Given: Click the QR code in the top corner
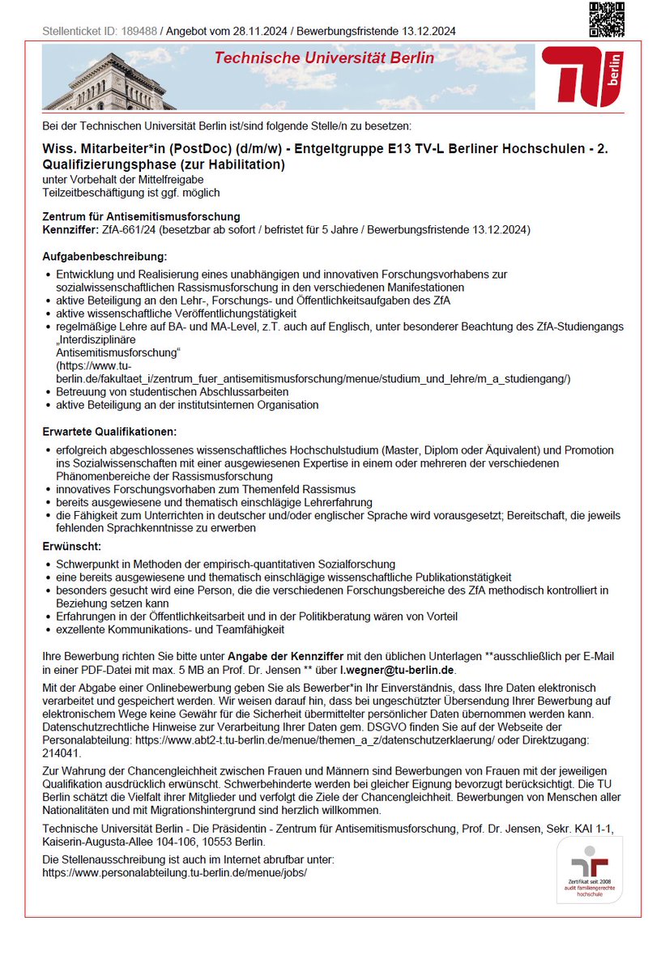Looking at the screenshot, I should click(x=606, y=19).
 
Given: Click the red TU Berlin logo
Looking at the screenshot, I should click(x=582, y=76).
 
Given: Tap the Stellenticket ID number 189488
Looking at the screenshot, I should click(x=139, y=32).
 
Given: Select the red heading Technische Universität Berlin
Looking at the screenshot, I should click(x=324, y=58).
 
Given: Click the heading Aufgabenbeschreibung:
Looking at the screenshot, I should click(x=104, y=256).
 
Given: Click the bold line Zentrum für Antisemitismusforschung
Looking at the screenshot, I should click(x=141, y=216).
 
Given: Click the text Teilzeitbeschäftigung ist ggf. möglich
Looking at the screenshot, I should click(x=131, y=193).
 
